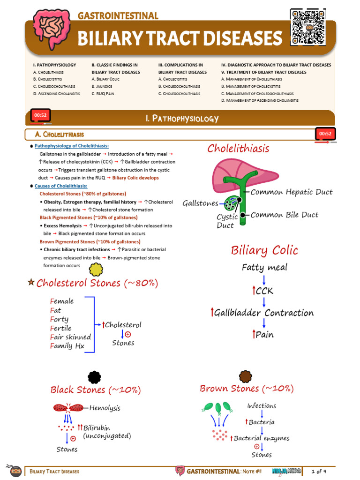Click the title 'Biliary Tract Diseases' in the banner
[x=180, y=38]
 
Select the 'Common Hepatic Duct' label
[x=292, y=192]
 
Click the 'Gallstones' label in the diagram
[x=200, y=203]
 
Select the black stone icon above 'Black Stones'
[x=94, y=376]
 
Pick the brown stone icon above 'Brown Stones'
[x=246, y=376]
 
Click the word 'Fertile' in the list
[x=61, y=328]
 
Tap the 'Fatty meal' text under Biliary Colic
[x=264, y=268]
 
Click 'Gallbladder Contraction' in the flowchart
[x=264, y=313]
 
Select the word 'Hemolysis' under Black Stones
[x=105, y=408]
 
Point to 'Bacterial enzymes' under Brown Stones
[x=261, y=438]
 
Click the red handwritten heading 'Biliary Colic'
[x=264, y=250]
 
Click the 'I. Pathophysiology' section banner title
[x=182, y=119]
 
